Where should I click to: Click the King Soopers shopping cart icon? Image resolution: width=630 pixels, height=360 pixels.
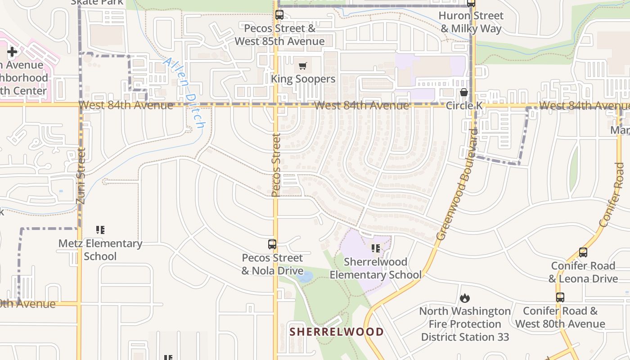[302, 67]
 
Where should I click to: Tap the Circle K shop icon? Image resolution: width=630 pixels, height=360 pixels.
[464, 93]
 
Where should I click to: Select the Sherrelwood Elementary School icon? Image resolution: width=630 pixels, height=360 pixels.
[376, 248]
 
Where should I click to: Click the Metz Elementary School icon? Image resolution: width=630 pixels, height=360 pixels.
[100, 230]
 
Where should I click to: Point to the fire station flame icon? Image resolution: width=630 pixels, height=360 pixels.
[465, 298]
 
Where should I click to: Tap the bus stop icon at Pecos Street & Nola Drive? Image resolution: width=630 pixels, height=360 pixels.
[272, 244]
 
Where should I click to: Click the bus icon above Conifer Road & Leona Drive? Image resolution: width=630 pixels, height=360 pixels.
[583, 252]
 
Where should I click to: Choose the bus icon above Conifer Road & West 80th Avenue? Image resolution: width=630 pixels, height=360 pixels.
[560, 297]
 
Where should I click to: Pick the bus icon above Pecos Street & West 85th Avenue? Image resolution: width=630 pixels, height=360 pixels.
[279, 15]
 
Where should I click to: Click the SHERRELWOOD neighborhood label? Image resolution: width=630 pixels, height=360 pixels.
[337, 332]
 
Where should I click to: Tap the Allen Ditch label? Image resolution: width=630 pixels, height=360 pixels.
[184, 92]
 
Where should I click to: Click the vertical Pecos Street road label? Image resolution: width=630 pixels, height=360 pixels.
[276, 165]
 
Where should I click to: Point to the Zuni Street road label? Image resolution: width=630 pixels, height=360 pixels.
[81, 176]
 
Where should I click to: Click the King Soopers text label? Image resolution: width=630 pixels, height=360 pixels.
[303, 79]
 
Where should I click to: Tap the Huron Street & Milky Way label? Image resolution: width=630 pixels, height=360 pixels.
[471, 22]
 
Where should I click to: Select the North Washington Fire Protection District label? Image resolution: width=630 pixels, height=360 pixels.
[465, 324]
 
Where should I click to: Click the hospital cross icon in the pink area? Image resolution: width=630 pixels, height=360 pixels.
[12, 52]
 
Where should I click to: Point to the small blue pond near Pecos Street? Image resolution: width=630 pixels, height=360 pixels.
[305, 276]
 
